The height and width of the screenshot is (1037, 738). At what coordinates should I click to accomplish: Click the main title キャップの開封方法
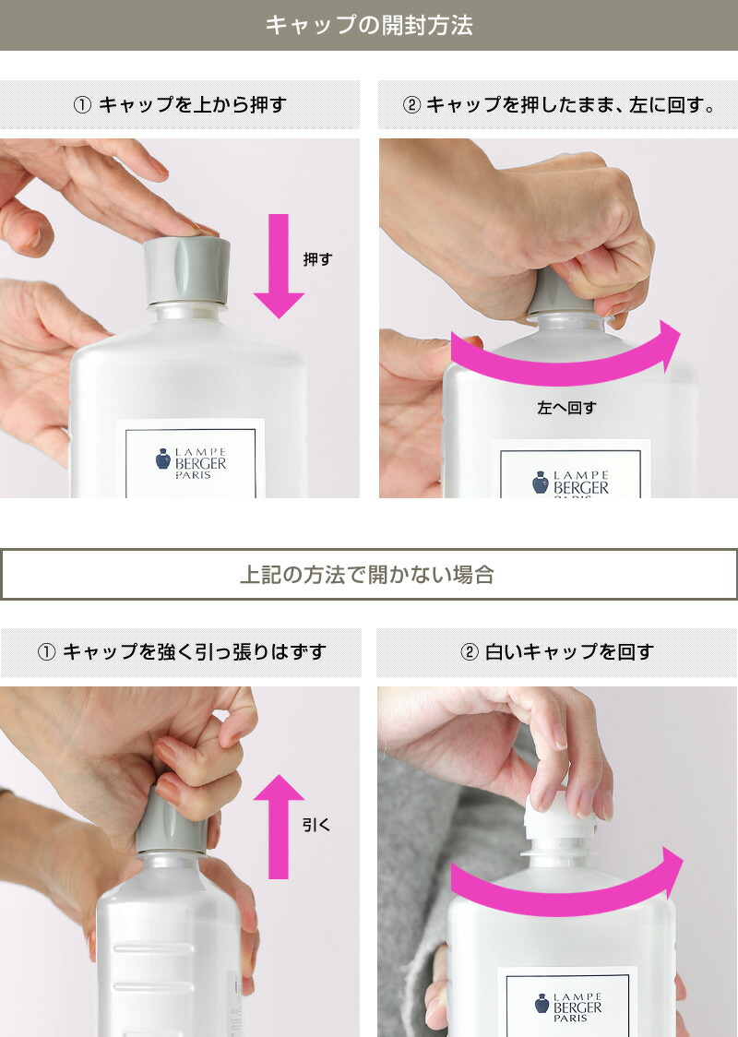[369, 25]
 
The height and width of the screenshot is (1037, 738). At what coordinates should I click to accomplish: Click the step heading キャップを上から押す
[180, 105]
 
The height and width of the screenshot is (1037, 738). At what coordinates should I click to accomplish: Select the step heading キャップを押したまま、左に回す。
[559, 105]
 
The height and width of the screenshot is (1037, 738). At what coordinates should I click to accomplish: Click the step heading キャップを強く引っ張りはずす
[181, 652]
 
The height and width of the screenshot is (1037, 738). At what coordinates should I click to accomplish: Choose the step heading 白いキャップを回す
[557, 652]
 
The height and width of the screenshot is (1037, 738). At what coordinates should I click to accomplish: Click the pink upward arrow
[279, 826]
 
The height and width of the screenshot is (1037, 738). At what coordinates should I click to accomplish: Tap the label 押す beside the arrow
[317, 260]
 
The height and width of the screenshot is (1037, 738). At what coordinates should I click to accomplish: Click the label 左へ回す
[565, 407]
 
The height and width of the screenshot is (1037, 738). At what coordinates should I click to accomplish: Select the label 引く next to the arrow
[316, 824]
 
